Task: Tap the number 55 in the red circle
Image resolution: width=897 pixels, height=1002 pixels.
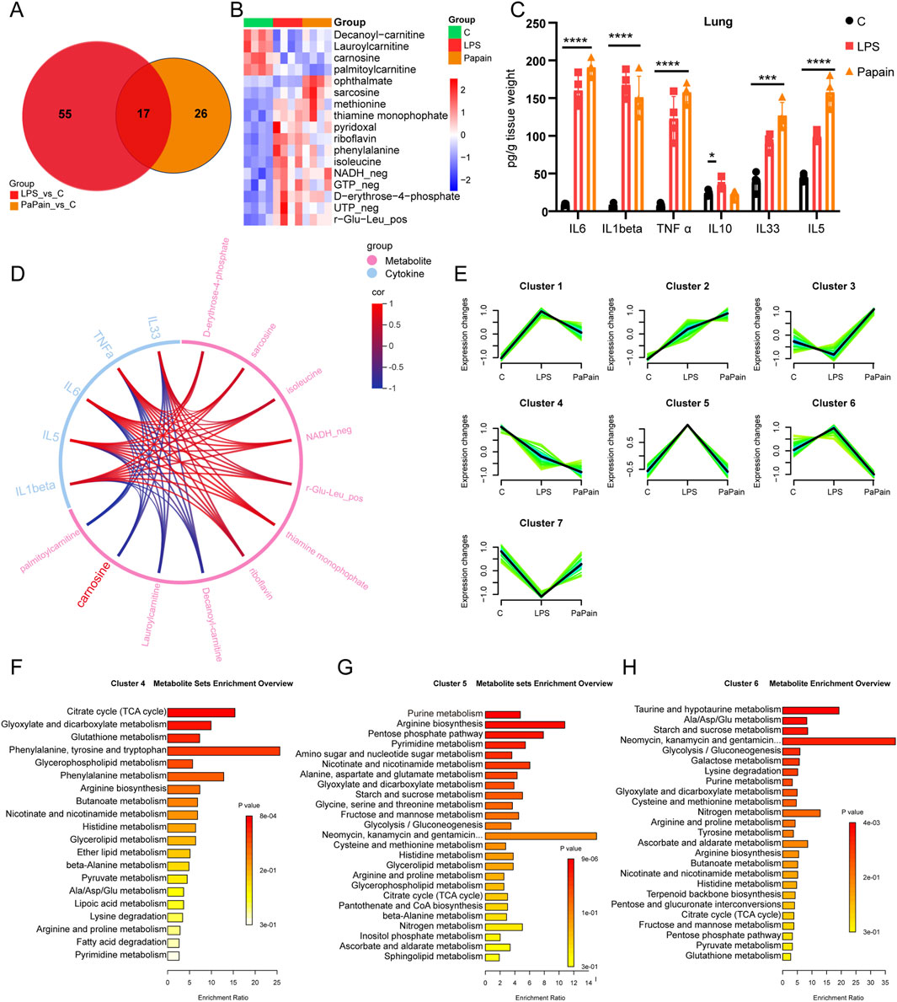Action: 65,114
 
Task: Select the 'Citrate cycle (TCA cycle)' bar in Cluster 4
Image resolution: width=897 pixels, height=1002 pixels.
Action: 200,713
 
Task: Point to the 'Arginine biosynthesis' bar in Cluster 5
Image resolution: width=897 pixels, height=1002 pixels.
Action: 525,724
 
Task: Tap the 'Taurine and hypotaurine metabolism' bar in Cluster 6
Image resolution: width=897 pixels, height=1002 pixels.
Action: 810,710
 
